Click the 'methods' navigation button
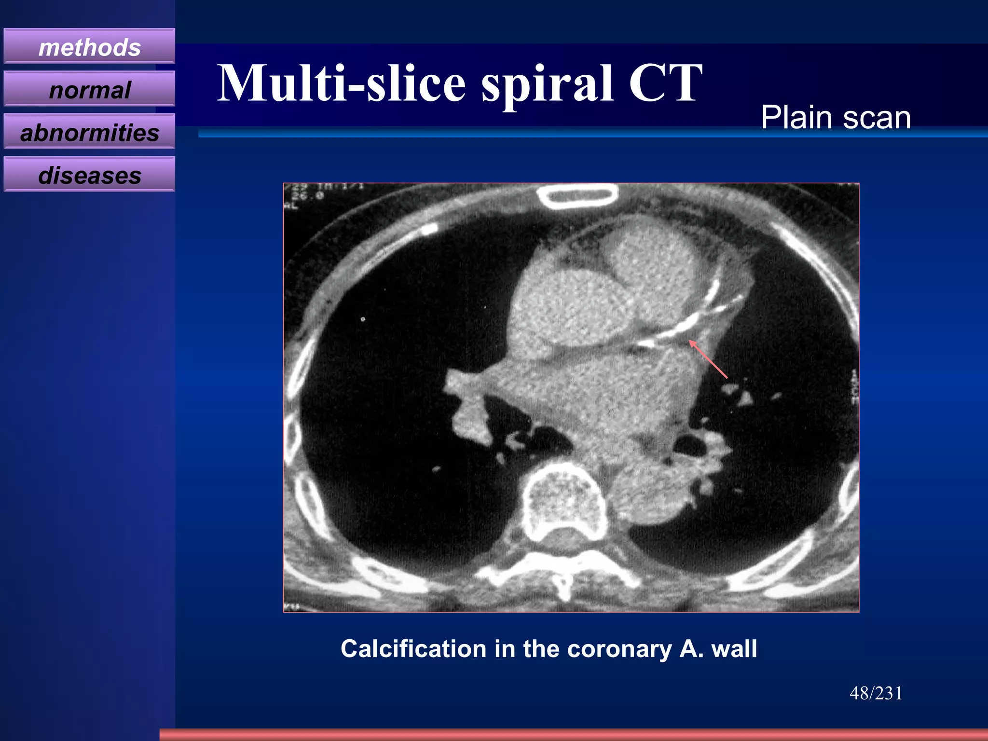[89, 47]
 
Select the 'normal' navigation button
[89, 90]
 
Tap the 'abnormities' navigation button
[89, 132]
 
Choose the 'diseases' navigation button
[89, 175]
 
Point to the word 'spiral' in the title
[548, 84]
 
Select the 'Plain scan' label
[836, 117]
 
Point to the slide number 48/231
[876, 693]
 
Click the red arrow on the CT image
[708, 358]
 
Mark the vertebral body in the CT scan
[564, 499]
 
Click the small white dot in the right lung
[363, 319]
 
